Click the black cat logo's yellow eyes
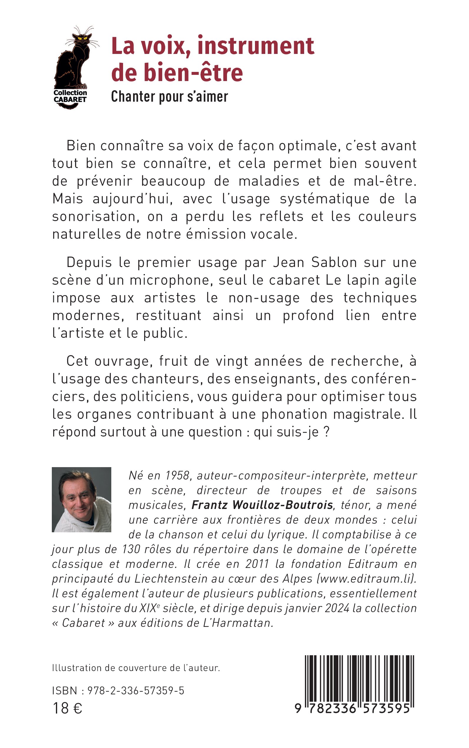click(x=82, y=38)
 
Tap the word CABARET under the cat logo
click(x=70, y=100)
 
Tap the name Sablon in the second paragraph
click(x=334, y=262)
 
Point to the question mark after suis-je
click(x=326, y=432)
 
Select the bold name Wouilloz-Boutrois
click(x=282, y=505)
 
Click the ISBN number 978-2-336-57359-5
click(x=136, y=690)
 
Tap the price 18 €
click(x=67, y=708)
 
